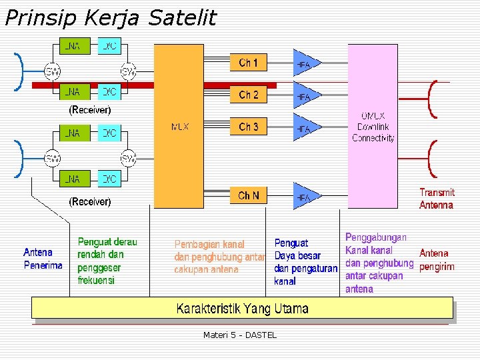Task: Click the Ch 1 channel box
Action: (249, 63)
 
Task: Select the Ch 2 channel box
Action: (249, 95)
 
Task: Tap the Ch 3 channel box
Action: (249, 127)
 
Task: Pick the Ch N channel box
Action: (249, 196)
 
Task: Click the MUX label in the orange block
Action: (180, 127)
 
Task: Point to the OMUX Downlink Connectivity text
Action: (373, 127)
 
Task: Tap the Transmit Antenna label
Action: (437, 199)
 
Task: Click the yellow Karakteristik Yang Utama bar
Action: (242, 309)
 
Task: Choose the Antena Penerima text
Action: (43, 259)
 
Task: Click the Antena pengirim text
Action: (437, 260)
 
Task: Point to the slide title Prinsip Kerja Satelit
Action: (111, 18)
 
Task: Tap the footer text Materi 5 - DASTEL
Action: (240, 335)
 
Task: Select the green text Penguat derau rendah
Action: (107, 248)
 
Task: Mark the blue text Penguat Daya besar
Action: (297, 249)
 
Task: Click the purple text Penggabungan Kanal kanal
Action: (375, 244)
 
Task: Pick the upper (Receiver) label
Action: (90, 109)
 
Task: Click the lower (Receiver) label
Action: (90, 201)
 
